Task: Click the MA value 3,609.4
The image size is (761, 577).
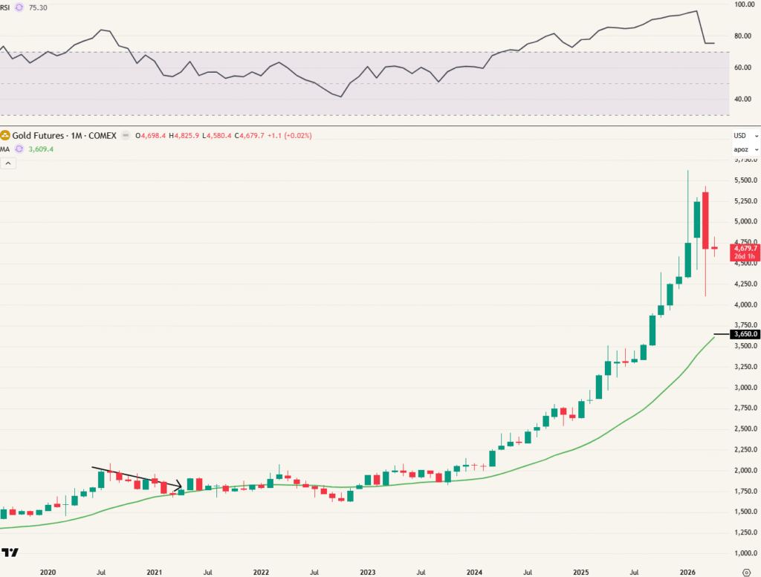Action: click(x=40, y=149)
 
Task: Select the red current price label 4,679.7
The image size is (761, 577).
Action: click(x=745, y=249)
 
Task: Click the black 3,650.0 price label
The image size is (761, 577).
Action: click(x=745, y=334)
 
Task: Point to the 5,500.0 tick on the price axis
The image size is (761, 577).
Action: click(x=745, y=180)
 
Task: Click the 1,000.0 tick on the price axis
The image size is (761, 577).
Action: click(x=745, y=553)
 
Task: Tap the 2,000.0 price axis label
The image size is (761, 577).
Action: click(x=745, y=471)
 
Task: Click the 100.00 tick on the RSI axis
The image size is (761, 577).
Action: click(x=745, y=4)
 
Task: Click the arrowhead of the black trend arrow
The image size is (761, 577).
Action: click(x=180, y=487)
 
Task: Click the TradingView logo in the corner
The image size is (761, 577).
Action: click(x=10, y=552)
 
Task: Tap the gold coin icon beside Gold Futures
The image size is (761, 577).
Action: click(x=5, y=136)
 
